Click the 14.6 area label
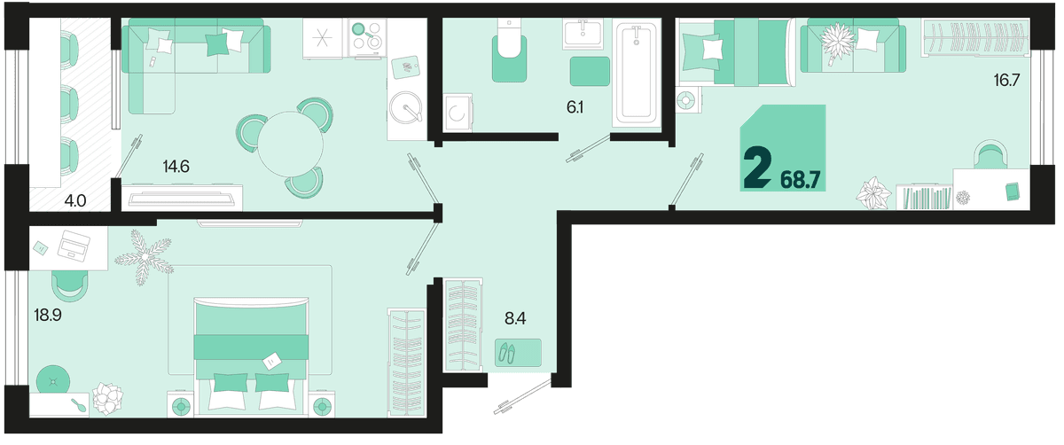click(176, 167)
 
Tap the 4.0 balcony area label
click(75, 201)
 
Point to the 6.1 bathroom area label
click(575, 107)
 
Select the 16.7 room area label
click(1006, 80)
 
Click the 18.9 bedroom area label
click(48, 315)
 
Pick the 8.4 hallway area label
click(515, 318)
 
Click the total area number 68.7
click(801, 181)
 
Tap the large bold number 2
click(757, 168)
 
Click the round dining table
click(290, 144)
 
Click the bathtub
click(637, 72)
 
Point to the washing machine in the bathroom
click(458, 113)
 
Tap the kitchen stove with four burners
click(367, 38)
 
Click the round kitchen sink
click(405, 107)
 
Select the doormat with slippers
click(518, 353)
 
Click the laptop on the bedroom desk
click(74, 246)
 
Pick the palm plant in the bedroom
click(144, 257)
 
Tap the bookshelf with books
click(925, 197)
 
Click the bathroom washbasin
click(583, 34)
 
